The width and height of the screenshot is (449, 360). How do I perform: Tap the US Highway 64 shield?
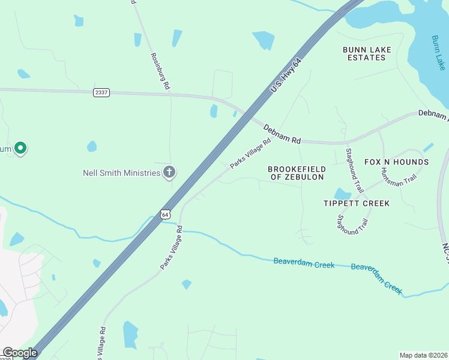(x=166, y=214)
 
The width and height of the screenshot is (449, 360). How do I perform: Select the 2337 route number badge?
(x=101, y=92)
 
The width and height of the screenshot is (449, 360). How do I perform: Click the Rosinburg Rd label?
(x=160, y=70)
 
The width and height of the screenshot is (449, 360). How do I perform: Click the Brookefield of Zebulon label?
(x=297, y=173)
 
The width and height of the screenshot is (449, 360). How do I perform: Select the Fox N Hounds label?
(x=396, y=162)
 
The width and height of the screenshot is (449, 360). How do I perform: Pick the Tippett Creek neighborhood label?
(x=357, y=203)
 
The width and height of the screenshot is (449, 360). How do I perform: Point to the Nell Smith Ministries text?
(x=121, y=173)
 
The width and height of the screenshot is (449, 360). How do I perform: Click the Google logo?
(x=20, y=353)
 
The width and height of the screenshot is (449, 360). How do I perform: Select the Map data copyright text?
(x=423, y=355)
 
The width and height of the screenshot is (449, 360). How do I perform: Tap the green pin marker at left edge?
(x=20, y=148)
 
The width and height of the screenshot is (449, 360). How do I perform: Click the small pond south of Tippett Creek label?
(x=342, y=194)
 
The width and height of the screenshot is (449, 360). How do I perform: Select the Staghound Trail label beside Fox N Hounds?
(x=351, y=163)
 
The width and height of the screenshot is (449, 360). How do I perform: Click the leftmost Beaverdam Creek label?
(x=304, y=262)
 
